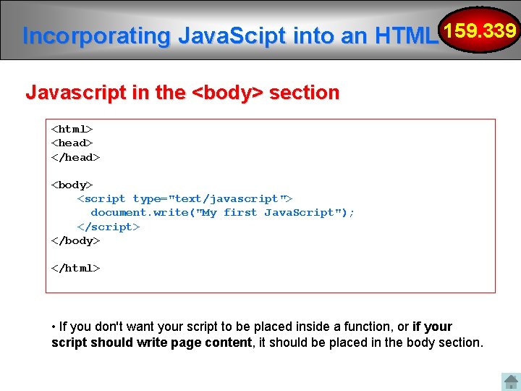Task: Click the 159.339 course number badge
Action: (x=480, y=31)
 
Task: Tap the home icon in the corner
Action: (x=510, y=382)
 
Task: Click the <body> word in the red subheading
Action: (x=226, y=93)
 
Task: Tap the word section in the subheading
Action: (x=304, y=93)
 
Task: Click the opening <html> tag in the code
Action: (x=72, y=129)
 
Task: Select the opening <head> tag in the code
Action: (x=72, y=143)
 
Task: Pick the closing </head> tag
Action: (x=75, y=157)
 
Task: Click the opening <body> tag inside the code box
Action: (x=72, y=185)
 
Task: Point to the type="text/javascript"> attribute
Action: (x=213, y=198)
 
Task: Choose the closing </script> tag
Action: (x=109, y=227)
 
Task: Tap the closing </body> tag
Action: (x=75, y=240)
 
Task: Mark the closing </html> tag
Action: (x=75, y=268)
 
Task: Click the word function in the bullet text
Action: (x=365, y=327)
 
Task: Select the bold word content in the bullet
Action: (x=226, y=342)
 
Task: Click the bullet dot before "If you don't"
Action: (x=54, y=327)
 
